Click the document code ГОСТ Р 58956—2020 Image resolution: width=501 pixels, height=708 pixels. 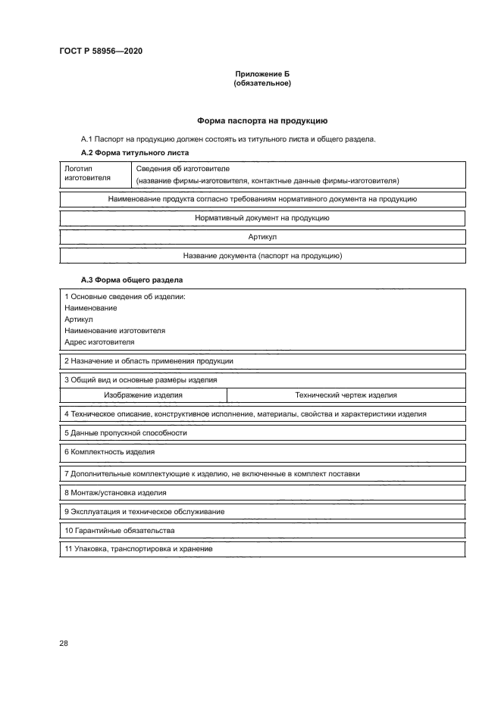[x=100, y=51]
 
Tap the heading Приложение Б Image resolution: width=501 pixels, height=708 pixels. [x=261, y=74]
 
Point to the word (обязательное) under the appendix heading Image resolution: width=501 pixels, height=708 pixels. [x=261, y=83]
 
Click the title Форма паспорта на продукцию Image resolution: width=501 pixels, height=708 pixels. [x=261, y=120]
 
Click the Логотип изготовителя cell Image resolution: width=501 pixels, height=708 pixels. [x=87, y=173]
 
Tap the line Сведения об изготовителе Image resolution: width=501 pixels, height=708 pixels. [x=183, y=168]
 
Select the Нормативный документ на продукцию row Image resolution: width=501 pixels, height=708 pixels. [x=261, y=218]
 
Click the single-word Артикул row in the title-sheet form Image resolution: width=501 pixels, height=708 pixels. [x=261, y=237]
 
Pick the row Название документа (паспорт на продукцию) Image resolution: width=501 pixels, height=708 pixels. [x=261, y=256]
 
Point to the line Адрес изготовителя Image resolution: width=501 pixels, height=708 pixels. [x=94, y=342]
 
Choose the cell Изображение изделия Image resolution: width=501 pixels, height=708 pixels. [x=143, y=395]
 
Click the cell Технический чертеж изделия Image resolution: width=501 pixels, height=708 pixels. [x=346, y=395]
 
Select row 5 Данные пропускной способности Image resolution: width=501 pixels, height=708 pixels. [x=126, y=433]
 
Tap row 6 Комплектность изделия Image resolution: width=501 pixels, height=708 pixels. [x=110, y=452]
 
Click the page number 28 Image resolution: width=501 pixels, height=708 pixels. [x=64, y=644]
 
